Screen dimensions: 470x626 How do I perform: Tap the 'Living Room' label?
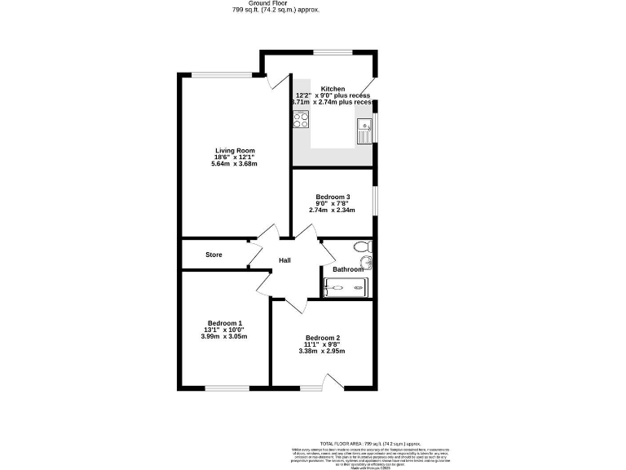click(235, 151)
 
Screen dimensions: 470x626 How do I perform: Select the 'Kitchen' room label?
click(333, 89)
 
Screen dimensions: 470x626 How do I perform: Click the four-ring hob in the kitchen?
click(300, 121)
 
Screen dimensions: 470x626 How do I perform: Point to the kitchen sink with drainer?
click(364, 130)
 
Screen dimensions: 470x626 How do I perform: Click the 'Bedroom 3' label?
click(333, 197)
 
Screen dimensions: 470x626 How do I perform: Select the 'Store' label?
click(214, 255)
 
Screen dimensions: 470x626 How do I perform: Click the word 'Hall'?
click(285, 260)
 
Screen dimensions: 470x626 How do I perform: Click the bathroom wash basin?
click(364, 262)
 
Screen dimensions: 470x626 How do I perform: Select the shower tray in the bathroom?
click(346, 287)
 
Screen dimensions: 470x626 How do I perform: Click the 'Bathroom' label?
click(348, 270)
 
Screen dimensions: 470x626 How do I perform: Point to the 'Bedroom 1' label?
click(224, 323)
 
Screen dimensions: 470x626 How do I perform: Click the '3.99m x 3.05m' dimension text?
click(224, 335)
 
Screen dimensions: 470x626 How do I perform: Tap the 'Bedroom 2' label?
click(323, 339)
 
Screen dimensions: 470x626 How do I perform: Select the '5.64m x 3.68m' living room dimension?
click(235, 164)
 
